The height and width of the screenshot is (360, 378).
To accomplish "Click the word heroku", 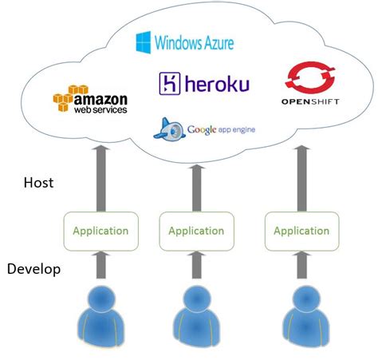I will [215, 84].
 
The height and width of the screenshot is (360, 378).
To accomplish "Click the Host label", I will [37, 183].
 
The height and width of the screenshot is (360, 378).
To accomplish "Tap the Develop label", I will [34, 269].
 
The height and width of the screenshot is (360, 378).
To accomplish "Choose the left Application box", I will [100, 231].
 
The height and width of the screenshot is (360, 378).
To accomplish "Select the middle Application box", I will [196, 231].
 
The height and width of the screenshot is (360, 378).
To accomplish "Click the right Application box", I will [301, 231].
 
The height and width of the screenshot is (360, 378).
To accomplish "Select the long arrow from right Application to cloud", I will [302, 177].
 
